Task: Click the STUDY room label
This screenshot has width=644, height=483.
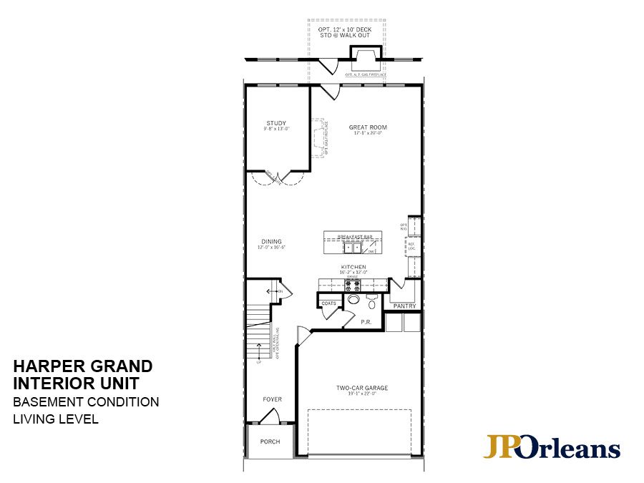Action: coord(276,123)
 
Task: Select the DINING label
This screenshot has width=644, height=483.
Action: coord(271,241)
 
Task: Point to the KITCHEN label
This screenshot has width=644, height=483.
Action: coord(353,267)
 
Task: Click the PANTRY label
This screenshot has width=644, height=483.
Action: coord(404,306)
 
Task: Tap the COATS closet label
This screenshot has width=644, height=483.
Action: coord(328,303)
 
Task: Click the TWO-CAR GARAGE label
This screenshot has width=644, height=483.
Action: coord(362,388)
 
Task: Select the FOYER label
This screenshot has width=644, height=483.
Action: coord(272,399)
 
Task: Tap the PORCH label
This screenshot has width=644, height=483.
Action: coord(270,441)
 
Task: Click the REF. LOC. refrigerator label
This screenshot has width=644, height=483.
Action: coord(411,245)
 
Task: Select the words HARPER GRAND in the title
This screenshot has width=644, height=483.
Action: coord(82,366)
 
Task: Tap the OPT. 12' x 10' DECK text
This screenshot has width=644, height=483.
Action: coord(346,30)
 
